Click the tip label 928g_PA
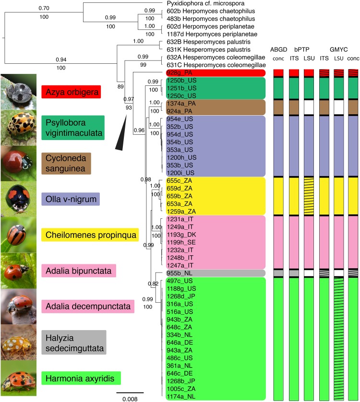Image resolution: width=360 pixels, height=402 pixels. [178, 72]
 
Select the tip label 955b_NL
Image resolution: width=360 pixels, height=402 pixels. [179, 272]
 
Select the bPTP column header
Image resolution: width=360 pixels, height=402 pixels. [302, 49]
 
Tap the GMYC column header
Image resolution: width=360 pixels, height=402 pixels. [340, 49]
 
